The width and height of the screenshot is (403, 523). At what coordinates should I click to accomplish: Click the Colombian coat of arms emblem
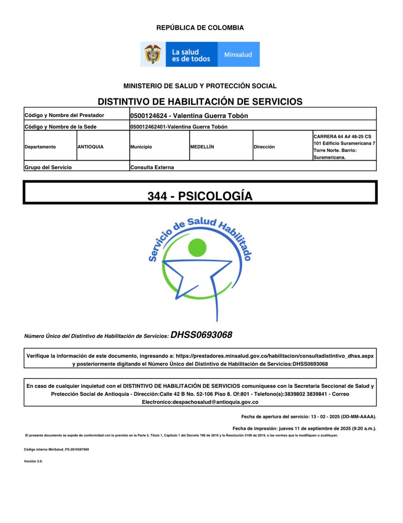[153, 54]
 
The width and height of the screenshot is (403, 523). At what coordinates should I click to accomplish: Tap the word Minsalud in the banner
[238, 55]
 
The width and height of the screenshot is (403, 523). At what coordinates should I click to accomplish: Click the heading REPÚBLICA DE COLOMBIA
[200, 28]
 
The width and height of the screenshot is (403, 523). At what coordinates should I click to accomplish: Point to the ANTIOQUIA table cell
[90, 147]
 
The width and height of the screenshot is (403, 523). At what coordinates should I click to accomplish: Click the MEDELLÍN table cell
[202, 147]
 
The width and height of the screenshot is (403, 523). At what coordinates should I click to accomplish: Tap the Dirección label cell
[264, 147]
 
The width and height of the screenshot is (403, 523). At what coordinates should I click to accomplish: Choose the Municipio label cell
[141, 147]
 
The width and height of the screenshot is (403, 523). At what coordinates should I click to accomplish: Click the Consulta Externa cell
[152, 167]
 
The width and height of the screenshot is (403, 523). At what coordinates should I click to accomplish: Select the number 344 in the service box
[157, 196]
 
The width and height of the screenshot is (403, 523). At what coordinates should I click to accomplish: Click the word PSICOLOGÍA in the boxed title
[215, 196]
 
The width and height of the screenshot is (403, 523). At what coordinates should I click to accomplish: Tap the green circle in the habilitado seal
[197, 247]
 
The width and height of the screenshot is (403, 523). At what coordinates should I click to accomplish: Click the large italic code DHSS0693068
[201, 335]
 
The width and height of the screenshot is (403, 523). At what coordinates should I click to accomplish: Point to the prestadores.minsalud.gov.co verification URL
[275, 356]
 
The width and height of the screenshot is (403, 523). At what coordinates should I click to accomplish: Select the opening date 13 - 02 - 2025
[325, 417]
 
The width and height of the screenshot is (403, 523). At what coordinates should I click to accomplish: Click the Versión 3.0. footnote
[33, 461]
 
